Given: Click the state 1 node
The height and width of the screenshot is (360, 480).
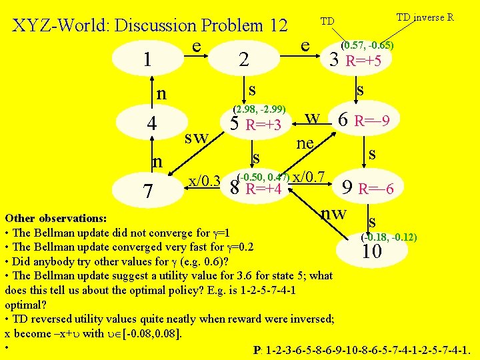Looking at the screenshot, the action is (x=147, y=60).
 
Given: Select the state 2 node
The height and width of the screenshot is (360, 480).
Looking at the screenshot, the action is (x=244, y=60).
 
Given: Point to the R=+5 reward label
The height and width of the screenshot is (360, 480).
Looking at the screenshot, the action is (x=364, y=61).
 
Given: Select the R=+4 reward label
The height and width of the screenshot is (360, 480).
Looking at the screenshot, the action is (x=264, y=189).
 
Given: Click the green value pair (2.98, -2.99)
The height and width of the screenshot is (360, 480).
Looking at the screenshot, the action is (x=259, y=109).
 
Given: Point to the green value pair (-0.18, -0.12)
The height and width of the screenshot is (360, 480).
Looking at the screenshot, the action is (x=389, y=237).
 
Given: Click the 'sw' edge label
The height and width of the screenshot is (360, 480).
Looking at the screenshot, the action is (x=197, y=138).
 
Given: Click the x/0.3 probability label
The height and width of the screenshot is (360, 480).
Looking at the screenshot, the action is (x=205, y=180).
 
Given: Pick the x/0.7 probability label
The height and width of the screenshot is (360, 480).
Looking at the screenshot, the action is (x=308, y=177).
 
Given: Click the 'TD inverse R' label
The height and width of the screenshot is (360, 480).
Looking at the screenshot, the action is (x=425, y=17).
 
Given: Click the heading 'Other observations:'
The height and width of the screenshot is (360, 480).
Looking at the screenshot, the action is (x=55, y=218).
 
